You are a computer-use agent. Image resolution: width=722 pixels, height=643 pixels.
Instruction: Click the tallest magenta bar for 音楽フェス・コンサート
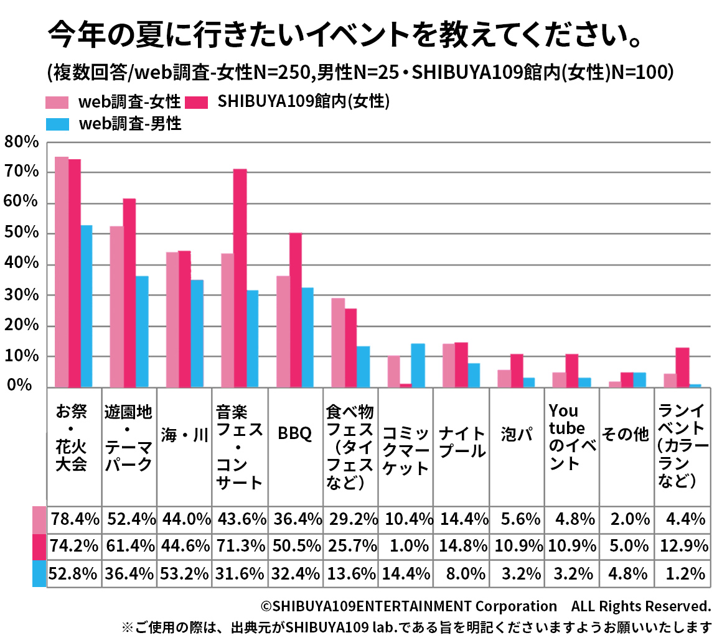pyautogui.click(x=240, y=278)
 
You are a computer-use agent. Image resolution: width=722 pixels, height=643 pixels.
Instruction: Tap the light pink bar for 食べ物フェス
pyautogui.click(x=338, y=343)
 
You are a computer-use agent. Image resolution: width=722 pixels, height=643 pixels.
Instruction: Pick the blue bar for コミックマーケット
pyautogui.click(x=418, y=365)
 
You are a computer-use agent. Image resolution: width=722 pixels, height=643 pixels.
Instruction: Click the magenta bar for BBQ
pyautogui.click(x=296, y=310)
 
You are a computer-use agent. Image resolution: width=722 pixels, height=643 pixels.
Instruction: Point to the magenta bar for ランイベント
pyautogui.click(x=682, y=367)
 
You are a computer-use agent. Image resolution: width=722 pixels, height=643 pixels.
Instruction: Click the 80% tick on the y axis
pyautogui.click(x=21, y=142)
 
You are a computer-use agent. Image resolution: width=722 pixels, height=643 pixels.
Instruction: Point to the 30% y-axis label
pyautogui.click(x=21, y=295)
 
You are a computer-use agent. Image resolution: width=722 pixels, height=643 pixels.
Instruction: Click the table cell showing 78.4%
pyautogui.click(x=74, y=518)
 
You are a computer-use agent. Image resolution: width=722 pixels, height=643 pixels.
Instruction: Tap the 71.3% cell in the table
pyautogui.click(x=240, y=546)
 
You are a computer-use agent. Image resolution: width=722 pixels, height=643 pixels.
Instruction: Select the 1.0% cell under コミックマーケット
pyautogui.click(x=406, y=546)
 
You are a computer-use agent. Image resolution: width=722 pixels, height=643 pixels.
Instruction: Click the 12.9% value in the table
pyautogui.click(x=683, y=546)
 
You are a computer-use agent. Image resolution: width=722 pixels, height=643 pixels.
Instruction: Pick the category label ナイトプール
pyautogui.click(x=462, y=442)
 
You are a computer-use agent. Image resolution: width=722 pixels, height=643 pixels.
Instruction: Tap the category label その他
pyautogui.click(x=626, y=435)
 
